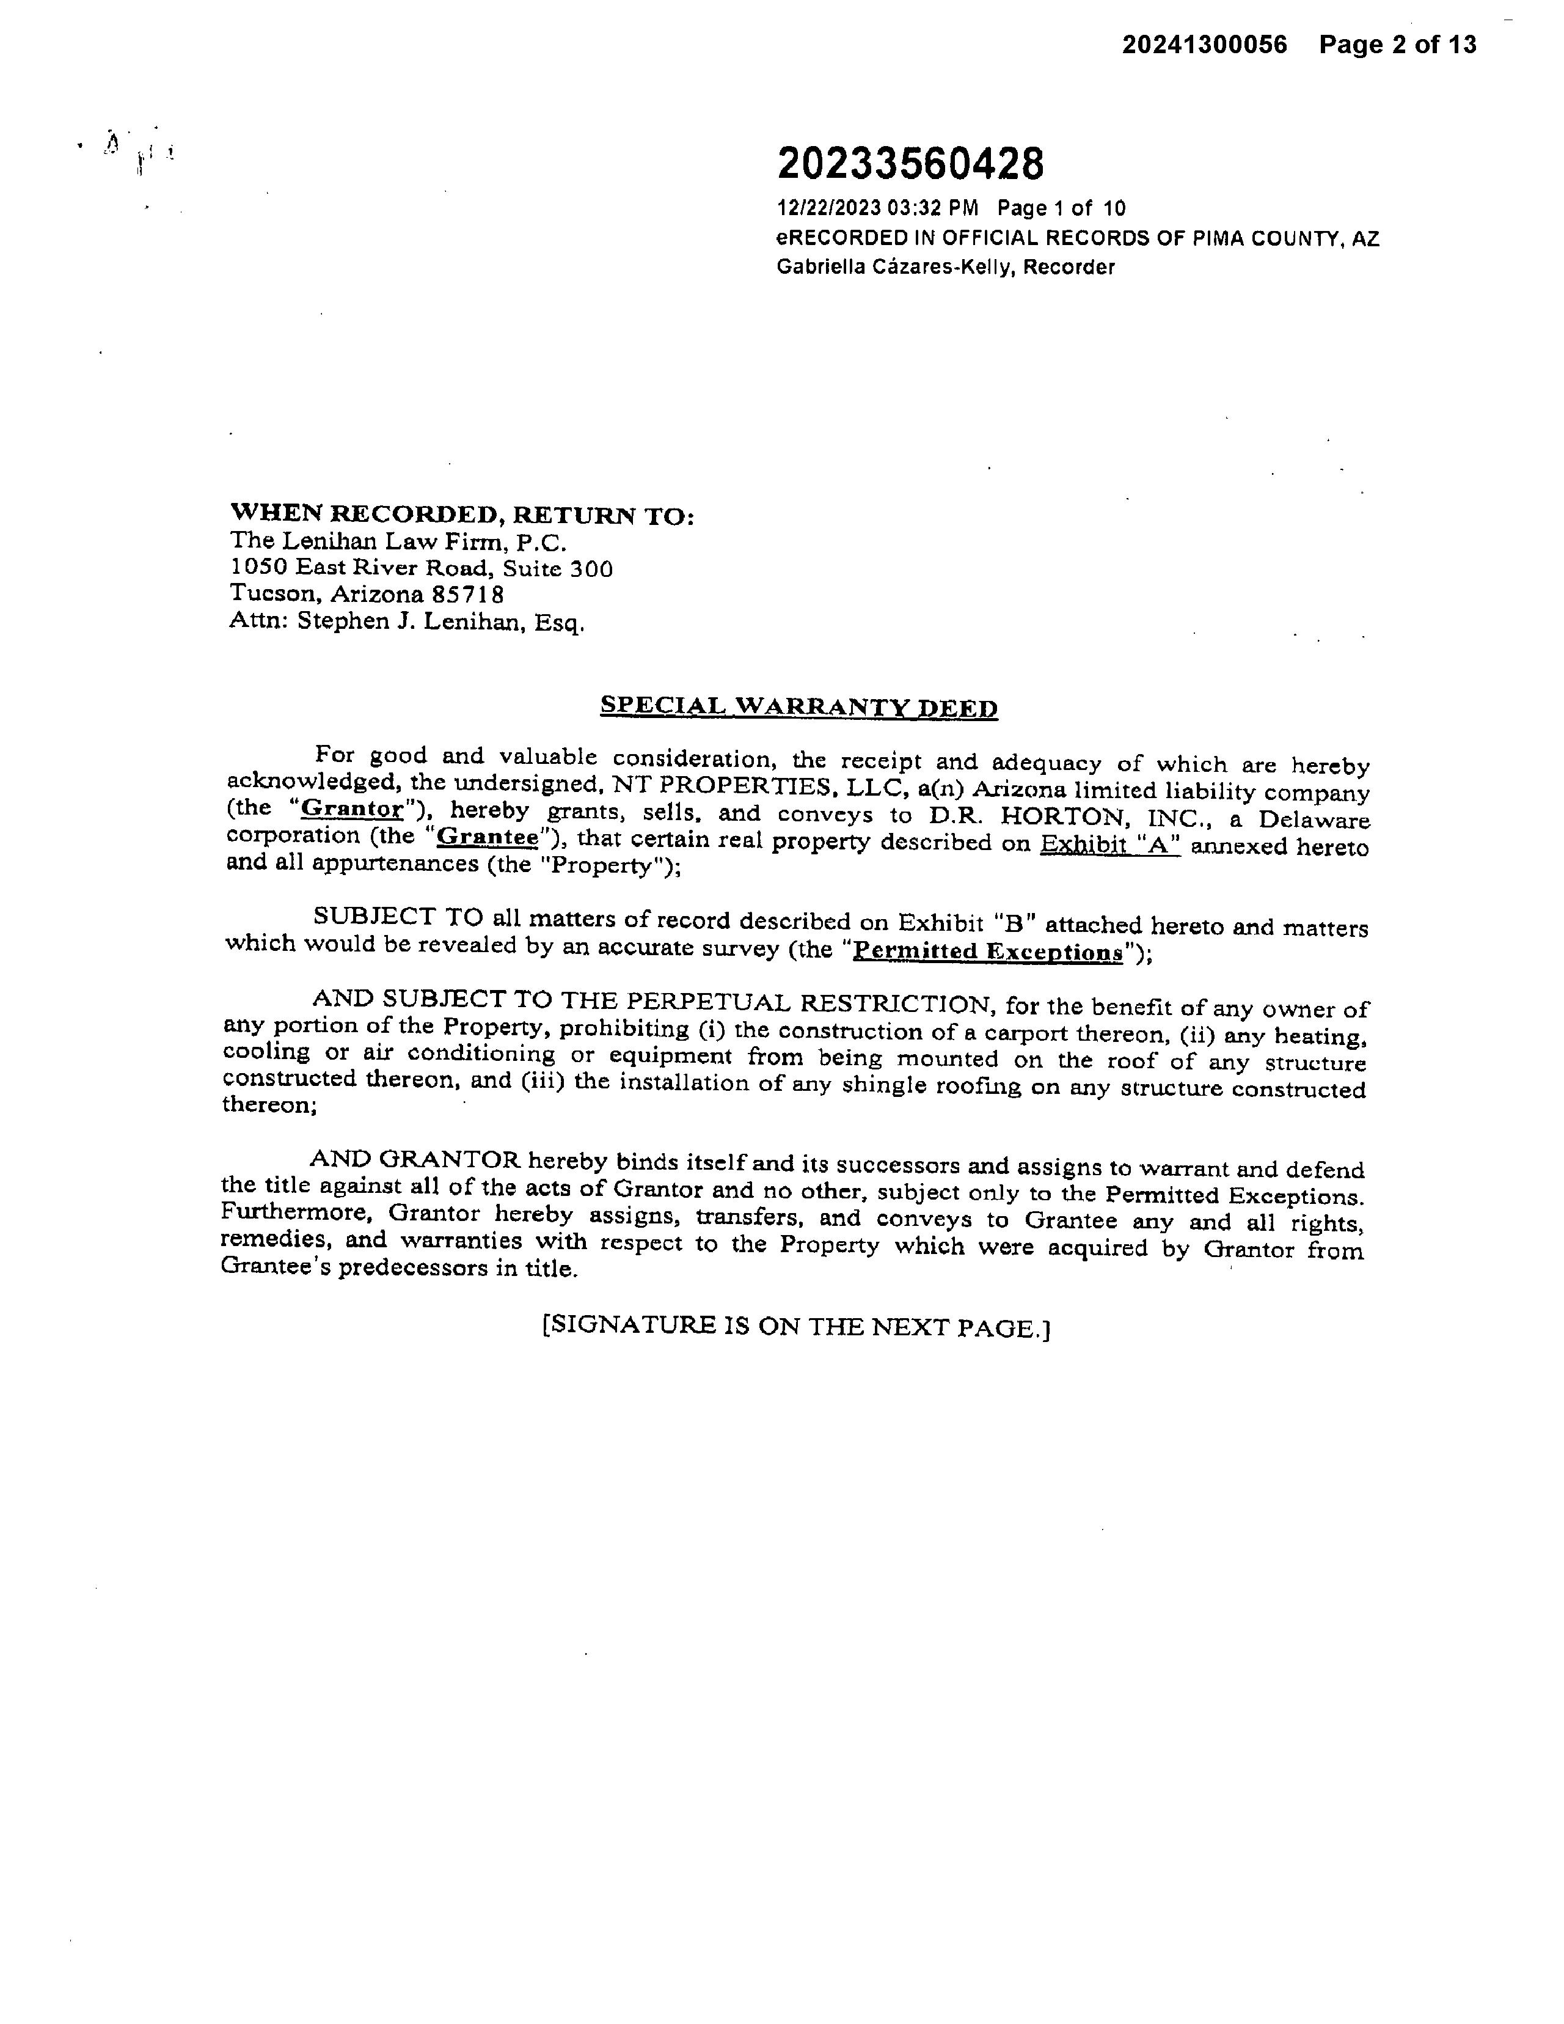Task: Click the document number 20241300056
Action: pyautogui.click(x=1205, y=45)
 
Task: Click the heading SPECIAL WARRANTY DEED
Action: pyautogui.click(x=798, y=706)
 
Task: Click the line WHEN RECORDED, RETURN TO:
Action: pyautogui.click(x=461, y=515)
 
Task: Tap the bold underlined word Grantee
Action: pyautogui.click(x=488, y=836)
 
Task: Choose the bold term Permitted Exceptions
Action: pyautogui.click(x=987, y=951)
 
